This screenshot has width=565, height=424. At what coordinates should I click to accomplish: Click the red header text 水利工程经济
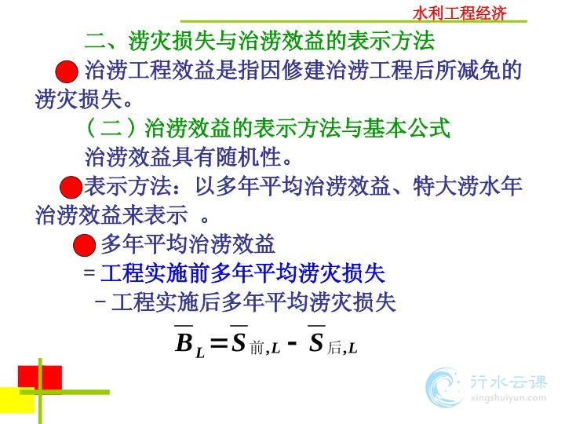pyautogui.click(x=459, y=13)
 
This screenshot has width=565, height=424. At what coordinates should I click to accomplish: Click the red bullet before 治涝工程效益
pyautogui.click(x=67, y=71)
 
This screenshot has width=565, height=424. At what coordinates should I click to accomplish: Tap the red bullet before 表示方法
pyautogui.click(x=71, y=187)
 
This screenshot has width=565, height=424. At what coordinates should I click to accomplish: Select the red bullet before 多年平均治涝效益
pyautogui.click(x=84, y=245)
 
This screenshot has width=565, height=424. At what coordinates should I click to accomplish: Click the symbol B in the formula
pyautogui.click(x=184, y=342)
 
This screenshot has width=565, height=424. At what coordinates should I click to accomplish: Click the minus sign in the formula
pyautogui.click(x=293, y=342)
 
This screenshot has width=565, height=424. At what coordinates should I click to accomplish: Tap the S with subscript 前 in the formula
pyautogui.click(x=239, y=342)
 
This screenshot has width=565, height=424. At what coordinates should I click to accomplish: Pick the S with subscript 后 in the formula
pyautogui.click(x=316, y=342)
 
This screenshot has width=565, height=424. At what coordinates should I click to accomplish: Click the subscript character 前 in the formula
pyautogui.click(x=257, y=349)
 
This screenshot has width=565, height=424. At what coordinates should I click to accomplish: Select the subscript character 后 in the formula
pyautogui.click(x=334, y=348)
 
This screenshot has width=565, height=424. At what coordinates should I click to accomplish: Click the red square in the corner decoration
pyautogui.click(x=40, y=378)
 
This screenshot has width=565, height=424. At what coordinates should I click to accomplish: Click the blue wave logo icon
pyautogui.click(x=443, y=387)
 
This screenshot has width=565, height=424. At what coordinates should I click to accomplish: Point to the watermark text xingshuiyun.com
pyautogui.click(x=508, y=398)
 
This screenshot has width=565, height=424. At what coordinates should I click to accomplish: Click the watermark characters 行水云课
pyautogui.click(x=508, y=382)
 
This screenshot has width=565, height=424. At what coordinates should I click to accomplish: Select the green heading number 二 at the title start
pyautogui.click(x=95, y=40)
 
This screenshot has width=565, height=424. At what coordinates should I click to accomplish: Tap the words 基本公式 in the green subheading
pyautogui.click(x=406, y=128)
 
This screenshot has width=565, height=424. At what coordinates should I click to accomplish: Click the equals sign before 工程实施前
pyautogui.click(x=89, y=272)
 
